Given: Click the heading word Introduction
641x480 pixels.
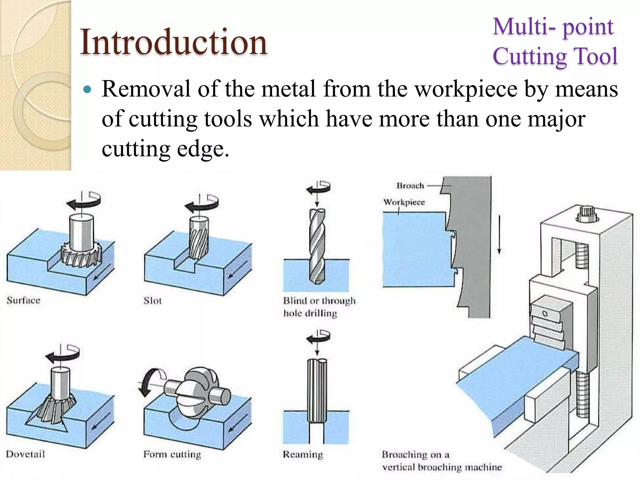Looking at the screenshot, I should (174, 42).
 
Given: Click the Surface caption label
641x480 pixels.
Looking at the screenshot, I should (23, 300).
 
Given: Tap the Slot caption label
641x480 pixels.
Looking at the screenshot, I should (153, 301).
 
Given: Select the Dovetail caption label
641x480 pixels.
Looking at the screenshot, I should (26, 454).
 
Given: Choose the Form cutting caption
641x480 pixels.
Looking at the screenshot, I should (172, 454).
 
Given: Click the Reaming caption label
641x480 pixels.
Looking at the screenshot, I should (303, 454).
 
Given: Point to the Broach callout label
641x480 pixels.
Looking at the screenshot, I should (410, 186).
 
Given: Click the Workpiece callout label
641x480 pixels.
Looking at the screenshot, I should (404, 202).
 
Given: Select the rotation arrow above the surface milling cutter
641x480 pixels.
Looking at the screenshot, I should (84, 202).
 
